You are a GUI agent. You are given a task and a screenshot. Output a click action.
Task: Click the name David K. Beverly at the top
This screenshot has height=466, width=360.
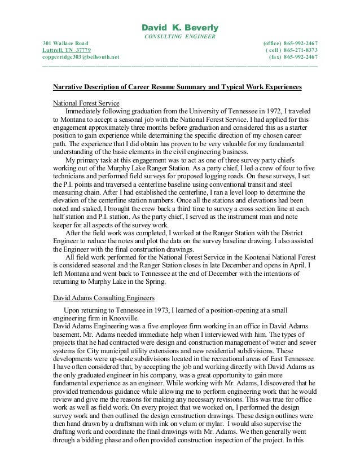click(179, 28)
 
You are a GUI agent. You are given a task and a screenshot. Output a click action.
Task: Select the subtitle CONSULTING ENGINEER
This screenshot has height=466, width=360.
click(179, 37)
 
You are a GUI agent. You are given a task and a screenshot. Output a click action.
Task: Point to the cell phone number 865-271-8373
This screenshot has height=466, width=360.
click(300, 50)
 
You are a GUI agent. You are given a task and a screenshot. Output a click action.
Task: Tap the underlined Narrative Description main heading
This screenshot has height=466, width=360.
click(177, 87)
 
